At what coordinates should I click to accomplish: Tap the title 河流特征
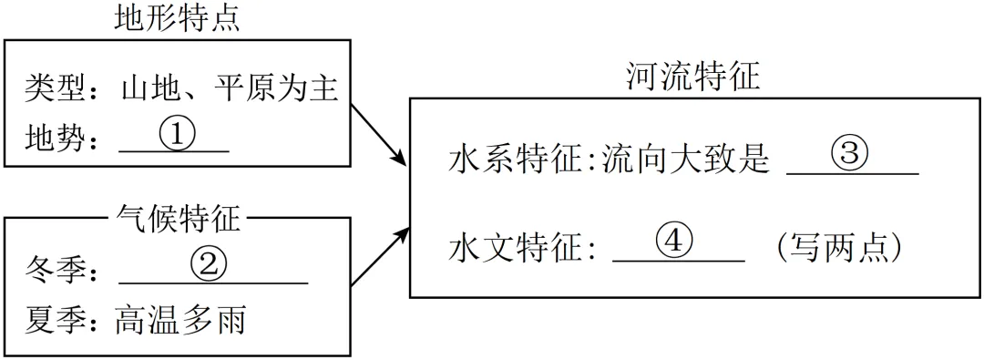tap(692, 77)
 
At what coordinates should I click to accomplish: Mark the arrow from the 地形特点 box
tap(378, 135)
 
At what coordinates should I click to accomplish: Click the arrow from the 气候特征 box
tap(378, 258)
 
